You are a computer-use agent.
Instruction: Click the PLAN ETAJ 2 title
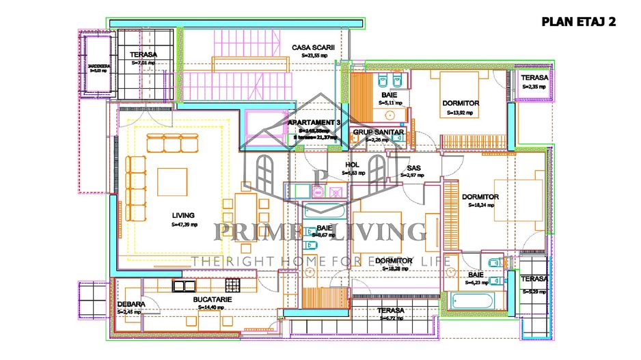pos(578,22)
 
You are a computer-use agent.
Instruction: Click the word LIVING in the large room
pos(183,215)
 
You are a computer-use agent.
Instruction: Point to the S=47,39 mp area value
pos(184,224)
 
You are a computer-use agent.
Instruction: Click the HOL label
pos(353,165)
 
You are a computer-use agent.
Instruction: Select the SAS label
pos(413,167)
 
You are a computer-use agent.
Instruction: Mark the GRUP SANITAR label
pos(379,132)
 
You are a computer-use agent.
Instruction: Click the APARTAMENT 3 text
pos(314,122)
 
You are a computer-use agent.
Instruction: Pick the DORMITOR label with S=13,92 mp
pos(460,103)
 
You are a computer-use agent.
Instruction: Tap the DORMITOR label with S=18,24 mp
pos(480,197)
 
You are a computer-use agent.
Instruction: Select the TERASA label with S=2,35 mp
pos(534,79)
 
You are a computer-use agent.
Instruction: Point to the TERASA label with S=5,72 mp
pos(391,310)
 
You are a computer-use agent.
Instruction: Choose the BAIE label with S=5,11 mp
pos(390,94)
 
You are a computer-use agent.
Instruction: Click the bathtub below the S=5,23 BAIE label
pos(472,301)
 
